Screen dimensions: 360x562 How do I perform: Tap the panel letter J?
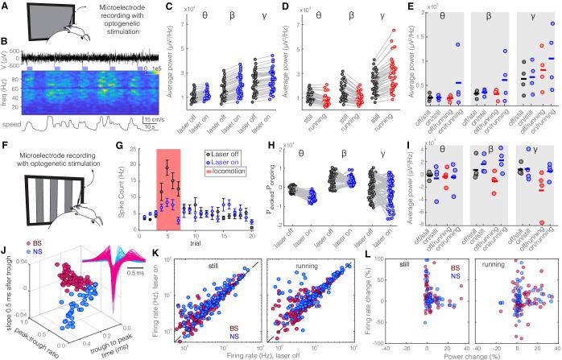click(6, 259)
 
